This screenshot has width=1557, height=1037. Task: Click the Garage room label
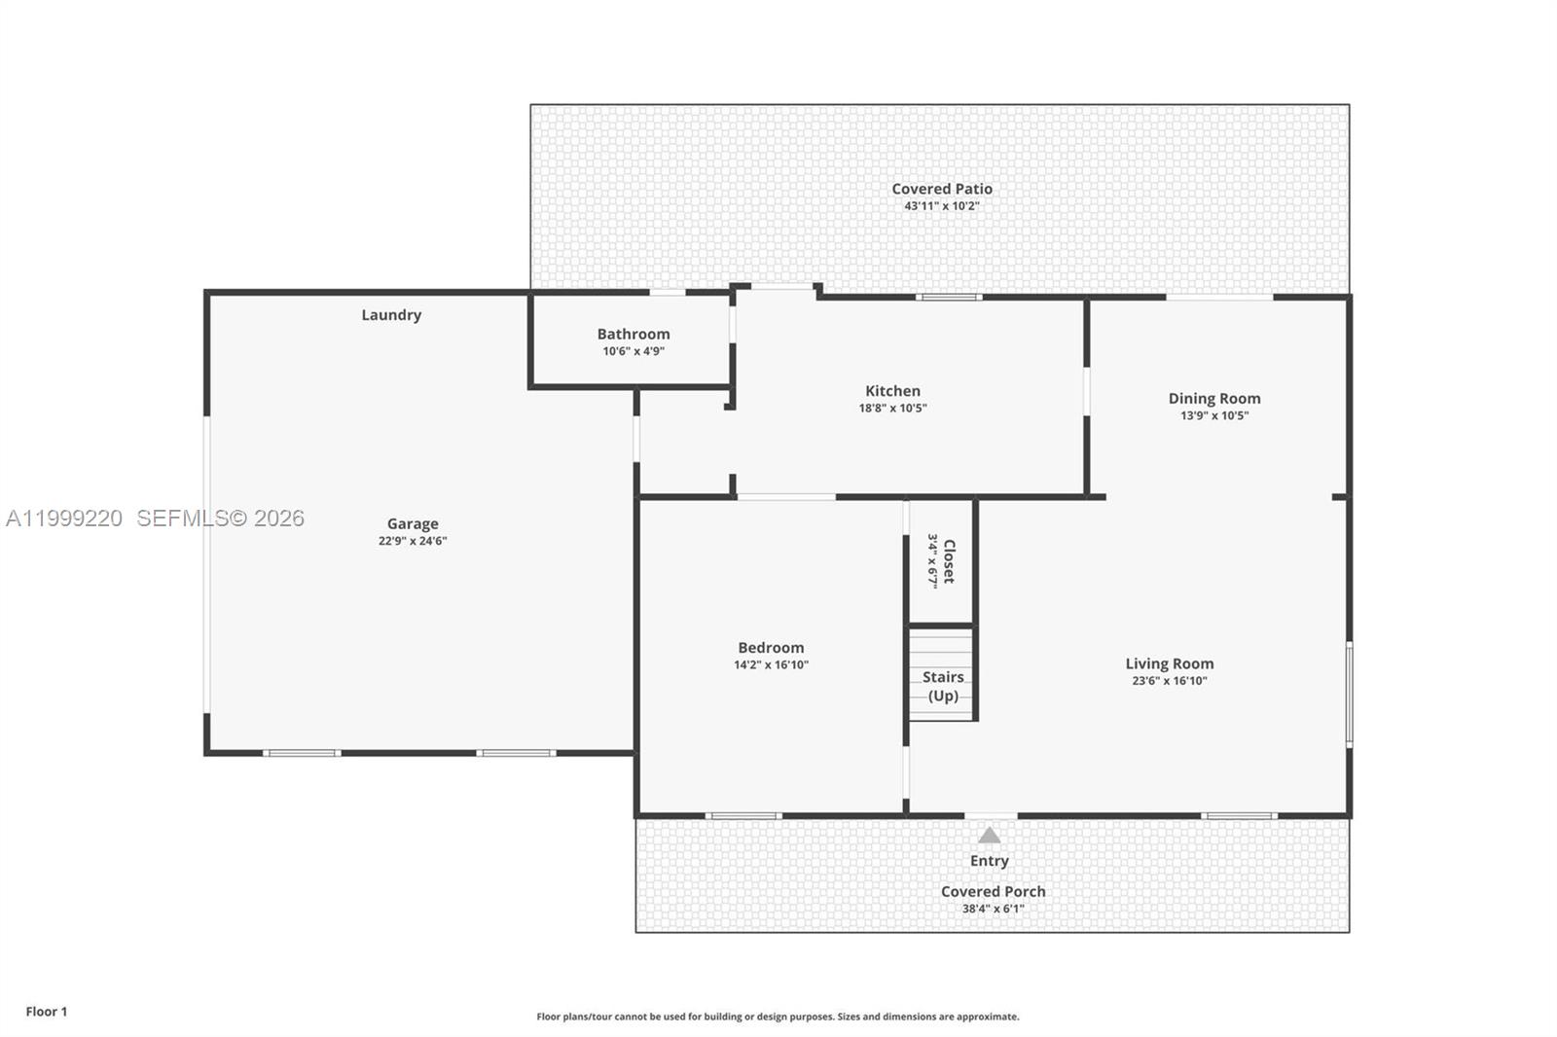[x=413, y=523]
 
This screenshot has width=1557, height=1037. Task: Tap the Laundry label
[x=391, y=315]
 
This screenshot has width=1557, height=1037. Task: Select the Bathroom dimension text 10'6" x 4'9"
[x=634, y=351]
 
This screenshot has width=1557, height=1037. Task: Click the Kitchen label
[x=892, y=391]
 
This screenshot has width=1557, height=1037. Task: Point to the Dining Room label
[x=1214, y=398]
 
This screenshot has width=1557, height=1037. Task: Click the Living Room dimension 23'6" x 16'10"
[x=1170, y=681]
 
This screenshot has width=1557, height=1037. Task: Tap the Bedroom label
[x=771, y=648]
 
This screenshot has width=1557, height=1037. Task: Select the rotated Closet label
[x=949, y=561]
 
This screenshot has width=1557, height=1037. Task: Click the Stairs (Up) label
[x=943, y=686]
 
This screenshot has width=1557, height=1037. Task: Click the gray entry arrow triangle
[x=989, y=836]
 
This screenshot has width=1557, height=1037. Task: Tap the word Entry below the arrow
[x=989, y=861]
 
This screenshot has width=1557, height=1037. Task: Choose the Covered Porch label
[x=993, y=891]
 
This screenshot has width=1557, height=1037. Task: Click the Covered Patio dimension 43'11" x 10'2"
[x=941, y=206]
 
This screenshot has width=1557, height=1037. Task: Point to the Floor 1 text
[x=47, y=1012]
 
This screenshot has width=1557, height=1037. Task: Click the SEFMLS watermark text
[x=220, y=518]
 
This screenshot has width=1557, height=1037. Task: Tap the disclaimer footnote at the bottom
[x=778, y=1017]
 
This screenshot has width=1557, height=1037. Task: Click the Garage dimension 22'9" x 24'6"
[x=413, y=541]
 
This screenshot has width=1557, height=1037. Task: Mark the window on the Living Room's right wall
[x=1349, y=694]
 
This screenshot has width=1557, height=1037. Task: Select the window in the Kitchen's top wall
[x=949, y=296]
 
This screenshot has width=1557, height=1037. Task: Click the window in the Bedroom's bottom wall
[x=743, y=815]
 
